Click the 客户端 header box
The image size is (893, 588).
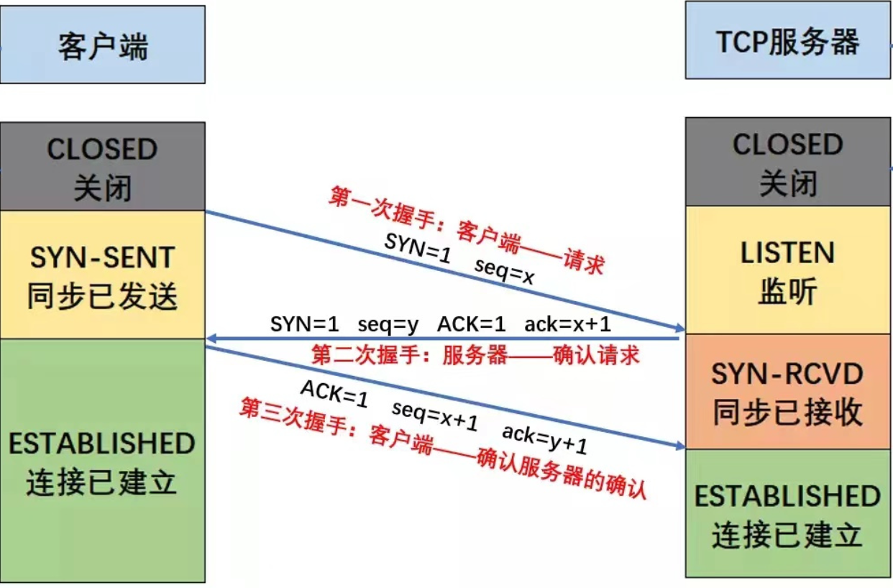point(102,45)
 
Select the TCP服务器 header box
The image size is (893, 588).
point(787,41)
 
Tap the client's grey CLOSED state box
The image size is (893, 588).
point(102,167)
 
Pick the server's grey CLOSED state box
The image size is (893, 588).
point(787,162)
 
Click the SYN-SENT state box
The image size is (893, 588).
point(102,275)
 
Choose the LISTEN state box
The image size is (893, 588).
point(787,270)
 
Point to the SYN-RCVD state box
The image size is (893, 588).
point(787,392)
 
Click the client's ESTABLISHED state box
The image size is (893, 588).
point(102,460)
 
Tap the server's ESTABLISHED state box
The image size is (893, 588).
point(787,514)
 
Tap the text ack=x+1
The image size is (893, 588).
point(567,324)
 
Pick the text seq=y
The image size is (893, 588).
point(388,324)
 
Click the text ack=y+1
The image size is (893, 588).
point(544,440)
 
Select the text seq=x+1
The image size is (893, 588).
point(435,416)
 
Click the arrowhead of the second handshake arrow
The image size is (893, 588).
point(211,338)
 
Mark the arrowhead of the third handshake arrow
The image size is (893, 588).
point(679,446)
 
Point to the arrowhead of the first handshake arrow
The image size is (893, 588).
point(679,328)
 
